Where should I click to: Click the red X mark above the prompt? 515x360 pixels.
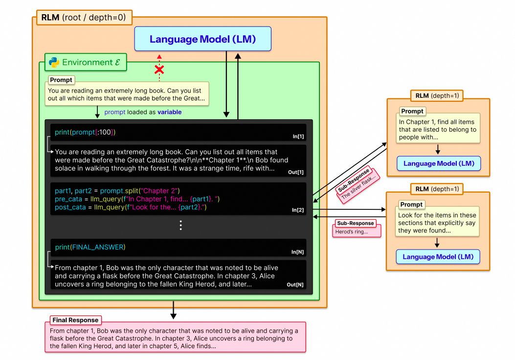tap(159, 70)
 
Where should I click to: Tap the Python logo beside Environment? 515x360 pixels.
tap(54, 62)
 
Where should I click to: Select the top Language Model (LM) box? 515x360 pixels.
tap(202, 39)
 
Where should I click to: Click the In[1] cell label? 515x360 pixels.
tap(298, 136)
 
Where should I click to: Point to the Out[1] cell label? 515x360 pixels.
tap(295, 172)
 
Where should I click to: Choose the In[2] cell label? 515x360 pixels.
tap(298, 210)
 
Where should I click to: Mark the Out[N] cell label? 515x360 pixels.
tap(295, 285)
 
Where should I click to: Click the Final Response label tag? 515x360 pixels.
tap(76, 320)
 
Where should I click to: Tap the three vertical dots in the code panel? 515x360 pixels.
tap(180, 225)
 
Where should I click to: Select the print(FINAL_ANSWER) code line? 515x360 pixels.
tap(90, 247)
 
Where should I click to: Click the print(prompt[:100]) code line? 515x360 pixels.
tap(85, 132)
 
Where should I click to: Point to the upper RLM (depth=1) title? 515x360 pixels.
tap(437, 95)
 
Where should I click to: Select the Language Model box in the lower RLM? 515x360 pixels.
tap(438, 257)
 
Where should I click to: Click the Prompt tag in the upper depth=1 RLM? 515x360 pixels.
tap(412, 111)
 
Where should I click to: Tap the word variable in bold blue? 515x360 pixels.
tap(169, 112)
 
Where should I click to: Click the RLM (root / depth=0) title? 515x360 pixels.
tap(83, 18)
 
